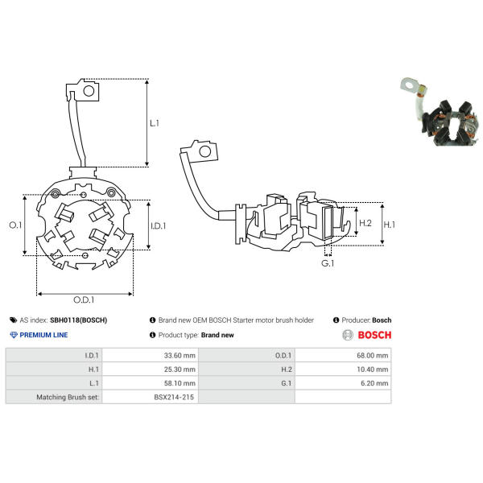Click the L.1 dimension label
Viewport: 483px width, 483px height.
coord(155,123)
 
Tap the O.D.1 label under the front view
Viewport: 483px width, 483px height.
coord(84,299)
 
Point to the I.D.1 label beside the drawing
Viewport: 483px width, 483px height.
coord(158,226)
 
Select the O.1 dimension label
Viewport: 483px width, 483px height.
coord(15,225)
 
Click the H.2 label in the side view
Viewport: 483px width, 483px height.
coord(365,223)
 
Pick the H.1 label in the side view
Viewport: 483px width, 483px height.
coord(390,225)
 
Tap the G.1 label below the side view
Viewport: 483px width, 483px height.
coord(328,263)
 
